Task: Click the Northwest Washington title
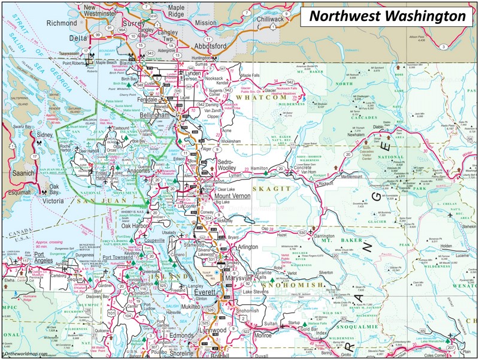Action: (387, 16)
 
